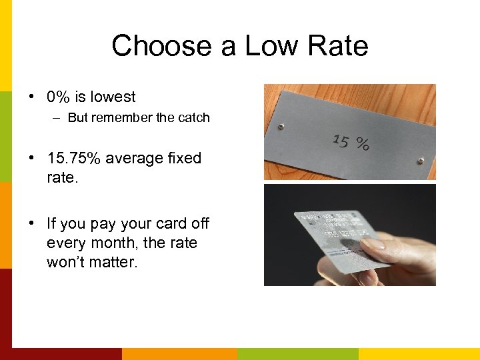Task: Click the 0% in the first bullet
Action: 59,97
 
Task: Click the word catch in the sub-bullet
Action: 193,118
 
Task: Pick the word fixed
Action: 185,159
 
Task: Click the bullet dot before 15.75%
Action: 32,159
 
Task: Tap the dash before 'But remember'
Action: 57,118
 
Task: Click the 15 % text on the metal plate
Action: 351,141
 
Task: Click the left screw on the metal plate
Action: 281,125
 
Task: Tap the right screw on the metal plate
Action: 420,161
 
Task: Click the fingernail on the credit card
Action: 372,243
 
